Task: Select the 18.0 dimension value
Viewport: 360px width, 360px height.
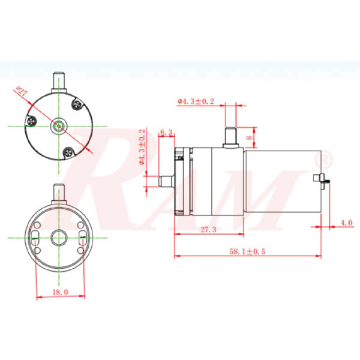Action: (x=61, y=292)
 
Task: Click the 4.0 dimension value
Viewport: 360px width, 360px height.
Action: (x=346, y=223)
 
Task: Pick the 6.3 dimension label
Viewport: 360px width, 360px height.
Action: (x=167, y=132)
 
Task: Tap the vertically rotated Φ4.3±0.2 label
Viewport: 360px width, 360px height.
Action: (x=142, y=147)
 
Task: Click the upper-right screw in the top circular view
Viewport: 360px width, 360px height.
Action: (x=77, y=105)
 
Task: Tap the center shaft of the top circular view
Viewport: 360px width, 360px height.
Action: (x=59, y=126)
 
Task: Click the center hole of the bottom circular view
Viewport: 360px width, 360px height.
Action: (x=59, y=236)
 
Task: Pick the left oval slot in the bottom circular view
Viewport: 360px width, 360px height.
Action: (x=36, y=235)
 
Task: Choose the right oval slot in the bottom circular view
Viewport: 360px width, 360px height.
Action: (x=82, y=235)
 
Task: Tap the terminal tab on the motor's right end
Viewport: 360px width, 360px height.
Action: (x=320, y=179)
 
